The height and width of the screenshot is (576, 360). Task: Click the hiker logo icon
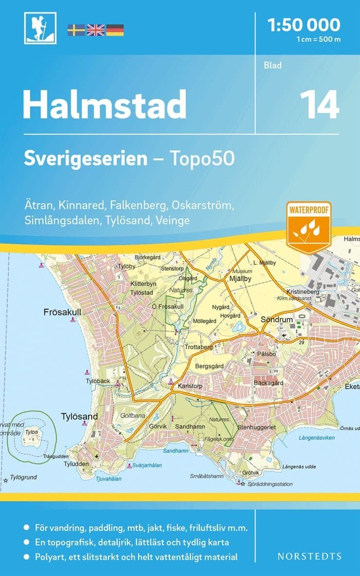coord(40,28)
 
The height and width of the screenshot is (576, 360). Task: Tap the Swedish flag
coord(76,30)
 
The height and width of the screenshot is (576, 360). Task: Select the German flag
coord(115,30)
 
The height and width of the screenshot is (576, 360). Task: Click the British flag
coord(95,30)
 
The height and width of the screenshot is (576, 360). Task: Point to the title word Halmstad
coord(105,104)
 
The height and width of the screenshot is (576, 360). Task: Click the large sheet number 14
coord(319,104)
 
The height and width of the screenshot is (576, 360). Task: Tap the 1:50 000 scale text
coord(304,24)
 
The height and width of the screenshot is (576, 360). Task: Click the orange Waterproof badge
coord(308,226)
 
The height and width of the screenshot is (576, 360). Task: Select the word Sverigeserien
coord(86,159)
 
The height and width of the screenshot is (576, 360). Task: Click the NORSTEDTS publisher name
coord(310,556)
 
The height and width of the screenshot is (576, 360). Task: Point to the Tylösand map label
coord(79,416)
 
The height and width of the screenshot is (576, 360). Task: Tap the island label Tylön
coord(32,432)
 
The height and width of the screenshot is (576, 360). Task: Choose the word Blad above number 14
coord(273,65)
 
